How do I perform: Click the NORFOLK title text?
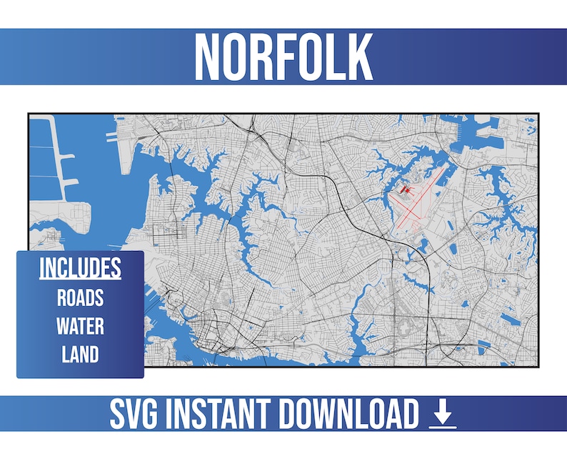[x=283, y=56]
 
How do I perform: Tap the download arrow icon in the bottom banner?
[x=443, y=415]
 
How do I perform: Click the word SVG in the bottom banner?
[x=135, y=415]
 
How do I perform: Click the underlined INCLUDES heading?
[x=80, y=268]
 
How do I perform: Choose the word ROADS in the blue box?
[x=80, y=297]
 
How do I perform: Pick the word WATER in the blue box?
[x=80, y=326]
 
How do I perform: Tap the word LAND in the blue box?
[x=80, y=355]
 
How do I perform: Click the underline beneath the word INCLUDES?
[x=80, y=279]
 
